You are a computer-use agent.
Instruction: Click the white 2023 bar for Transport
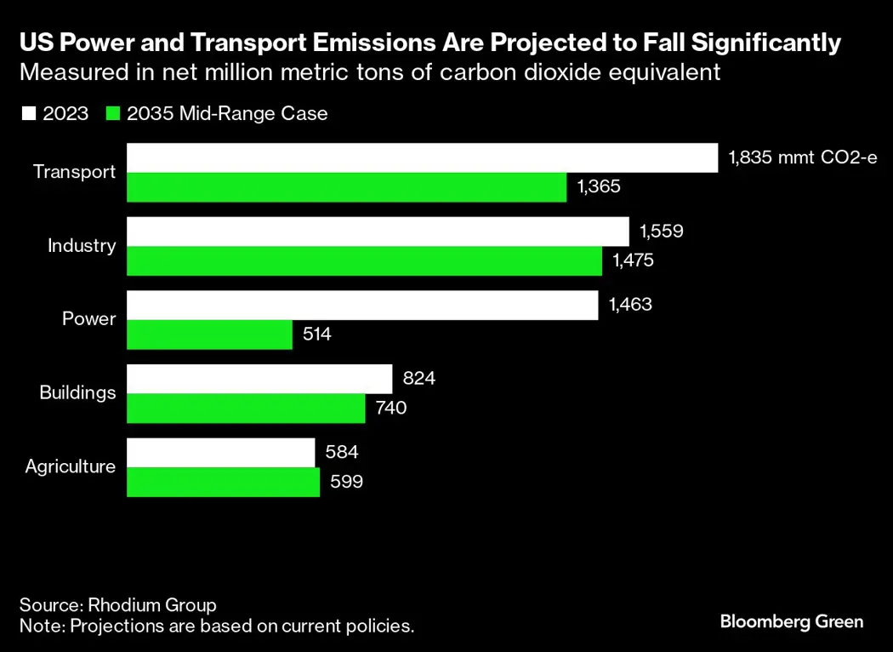422,157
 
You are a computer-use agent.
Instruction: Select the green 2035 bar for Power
209,335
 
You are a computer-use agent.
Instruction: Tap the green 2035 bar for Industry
364,261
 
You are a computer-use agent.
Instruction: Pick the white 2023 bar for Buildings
259,379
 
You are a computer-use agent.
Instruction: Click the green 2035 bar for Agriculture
223,482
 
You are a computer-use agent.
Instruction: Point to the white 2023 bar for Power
362,305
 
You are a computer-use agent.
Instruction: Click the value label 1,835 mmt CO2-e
802,157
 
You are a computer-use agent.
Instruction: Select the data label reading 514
317,335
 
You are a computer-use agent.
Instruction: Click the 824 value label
419,379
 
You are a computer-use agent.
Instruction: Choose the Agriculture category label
71,466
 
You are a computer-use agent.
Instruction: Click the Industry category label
82,246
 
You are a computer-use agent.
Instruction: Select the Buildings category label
77,392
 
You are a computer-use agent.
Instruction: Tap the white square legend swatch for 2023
27,113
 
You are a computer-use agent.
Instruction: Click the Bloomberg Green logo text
791,621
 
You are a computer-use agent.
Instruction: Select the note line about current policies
217,626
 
